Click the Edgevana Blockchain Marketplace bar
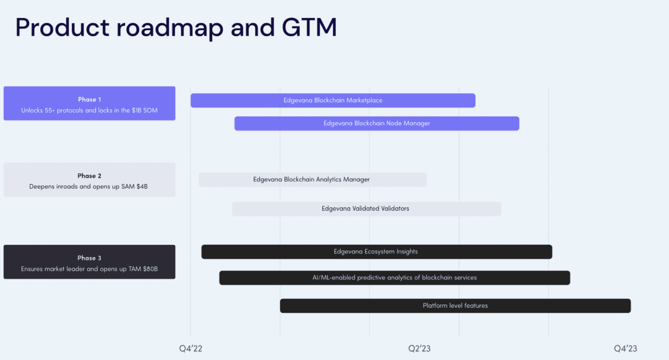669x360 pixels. click(333, 100)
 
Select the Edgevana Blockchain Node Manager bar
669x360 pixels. click(377, 124)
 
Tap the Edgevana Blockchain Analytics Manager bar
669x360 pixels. click(312, 179)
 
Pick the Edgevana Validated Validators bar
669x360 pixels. click(367, 209)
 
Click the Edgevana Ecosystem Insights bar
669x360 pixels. click(377, 252)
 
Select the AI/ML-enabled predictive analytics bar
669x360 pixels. click(395, 278)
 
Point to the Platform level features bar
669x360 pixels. click(456, 306)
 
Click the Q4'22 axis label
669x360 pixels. click(190, 348)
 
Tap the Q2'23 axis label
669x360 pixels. click(419, 348)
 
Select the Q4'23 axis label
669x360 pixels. click(625, 348)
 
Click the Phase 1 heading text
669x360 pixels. click(89, 99)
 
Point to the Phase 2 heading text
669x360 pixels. click(89, 176)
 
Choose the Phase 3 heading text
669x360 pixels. click(89, 258)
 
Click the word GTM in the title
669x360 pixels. click(309, 28)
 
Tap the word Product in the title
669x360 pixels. click(62, 28)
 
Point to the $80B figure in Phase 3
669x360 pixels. click(150, 269)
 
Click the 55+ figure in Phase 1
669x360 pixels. click(50, 110)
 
